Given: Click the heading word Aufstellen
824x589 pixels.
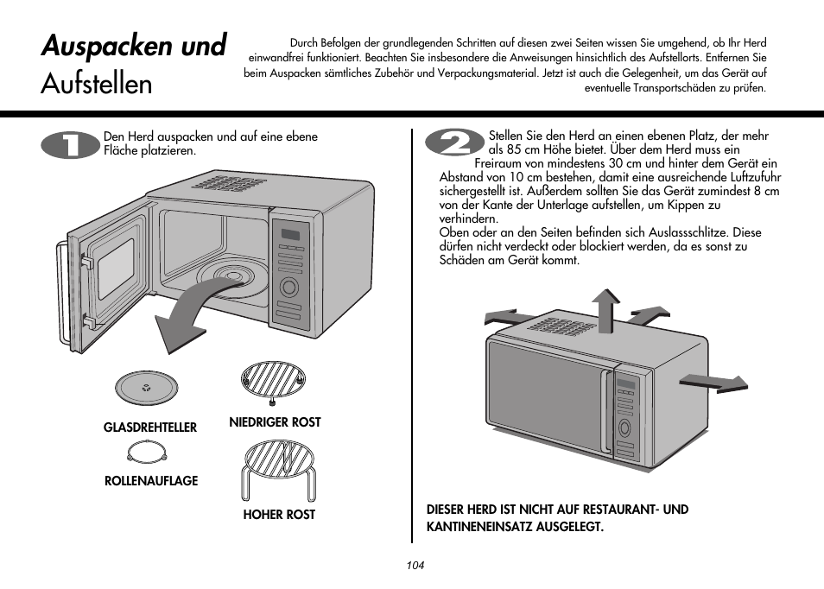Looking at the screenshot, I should tap(97, 84).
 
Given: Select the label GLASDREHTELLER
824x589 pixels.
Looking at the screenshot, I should tap(150, 427).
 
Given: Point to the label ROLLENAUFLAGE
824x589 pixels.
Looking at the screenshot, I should tap(151, 481).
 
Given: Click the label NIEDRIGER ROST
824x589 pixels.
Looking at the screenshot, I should tap(275, 422).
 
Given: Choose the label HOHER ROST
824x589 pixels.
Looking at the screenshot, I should tap(279, 515).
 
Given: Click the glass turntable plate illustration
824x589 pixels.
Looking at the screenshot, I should tap(146, 389).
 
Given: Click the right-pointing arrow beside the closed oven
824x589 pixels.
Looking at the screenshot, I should tap(713, 381).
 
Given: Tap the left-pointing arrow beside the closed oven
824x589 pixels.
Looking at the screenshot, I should tap(511, 317).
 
